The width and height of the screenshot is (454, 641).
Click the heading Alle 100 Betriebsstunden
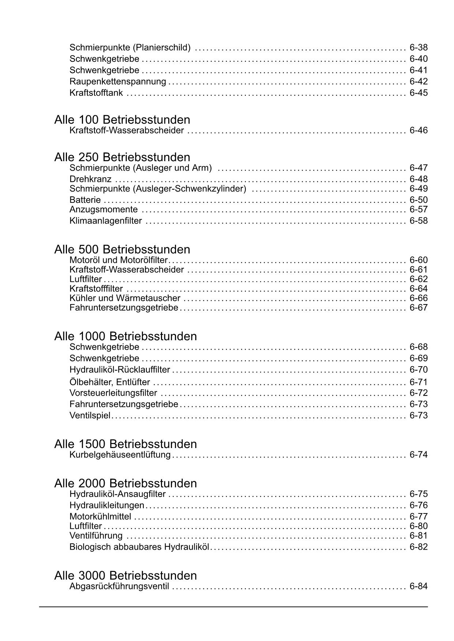[122, 120]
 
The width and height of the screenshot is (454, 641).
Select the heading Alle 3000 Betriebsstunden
[125, 576]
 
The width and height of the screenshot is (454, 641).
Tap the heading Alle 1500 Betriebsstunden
[125, 444]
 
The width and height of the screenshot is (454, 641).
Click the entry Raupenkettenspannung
[117, 81]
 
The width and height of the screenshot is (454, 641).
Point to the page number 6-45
[419, 93]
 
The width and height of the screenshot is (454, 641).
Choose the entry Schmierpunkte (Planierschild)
[130, 48]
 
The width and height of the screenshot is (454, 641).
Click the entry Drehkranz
[90, 179]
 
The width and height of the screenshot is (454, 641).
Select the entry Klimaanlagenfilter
[105, 221]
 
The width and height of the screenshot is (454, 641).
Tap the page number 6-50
[419, 200]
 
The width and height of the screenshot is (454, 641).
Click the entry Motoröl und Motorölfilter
[118, 260]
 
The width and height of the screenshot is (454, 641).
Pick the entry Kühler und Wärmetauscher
[125, 298]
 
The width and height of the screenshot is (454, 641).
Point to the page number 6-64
[419, 289]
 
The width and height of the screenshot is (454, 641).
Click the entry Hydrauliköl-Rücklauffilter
[120, 370]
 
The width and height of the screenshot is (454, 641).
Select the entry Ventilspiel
[90, 416]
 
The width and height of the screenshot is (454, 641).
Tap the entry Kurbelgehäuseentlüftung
[120, 455]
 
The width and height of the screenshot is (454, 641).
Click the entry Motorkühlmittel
[100, 517]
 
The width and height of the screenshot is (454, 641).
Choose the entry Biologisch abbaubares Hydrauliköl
[139, 547]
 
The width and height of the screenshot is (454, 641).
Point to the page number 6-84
[419, 587]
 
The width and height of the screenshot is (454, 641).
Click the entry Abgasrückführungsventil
[119, 587]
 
